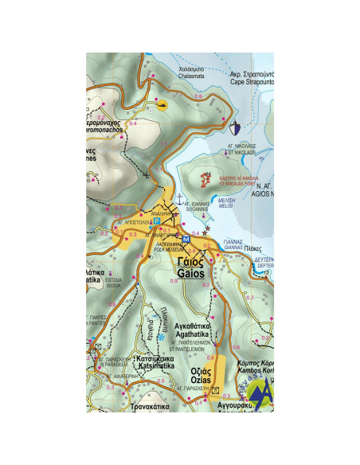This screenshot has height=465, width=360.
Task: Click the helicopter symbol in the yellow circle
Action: pyautogui.click(x=162, y=104)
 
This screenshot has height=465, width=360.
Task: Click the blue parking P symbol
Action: pyautogui.click(x=157, y=221)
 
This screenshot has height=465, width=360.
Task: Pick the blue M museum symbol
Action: pyautogui.click(x=186, y=239)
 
